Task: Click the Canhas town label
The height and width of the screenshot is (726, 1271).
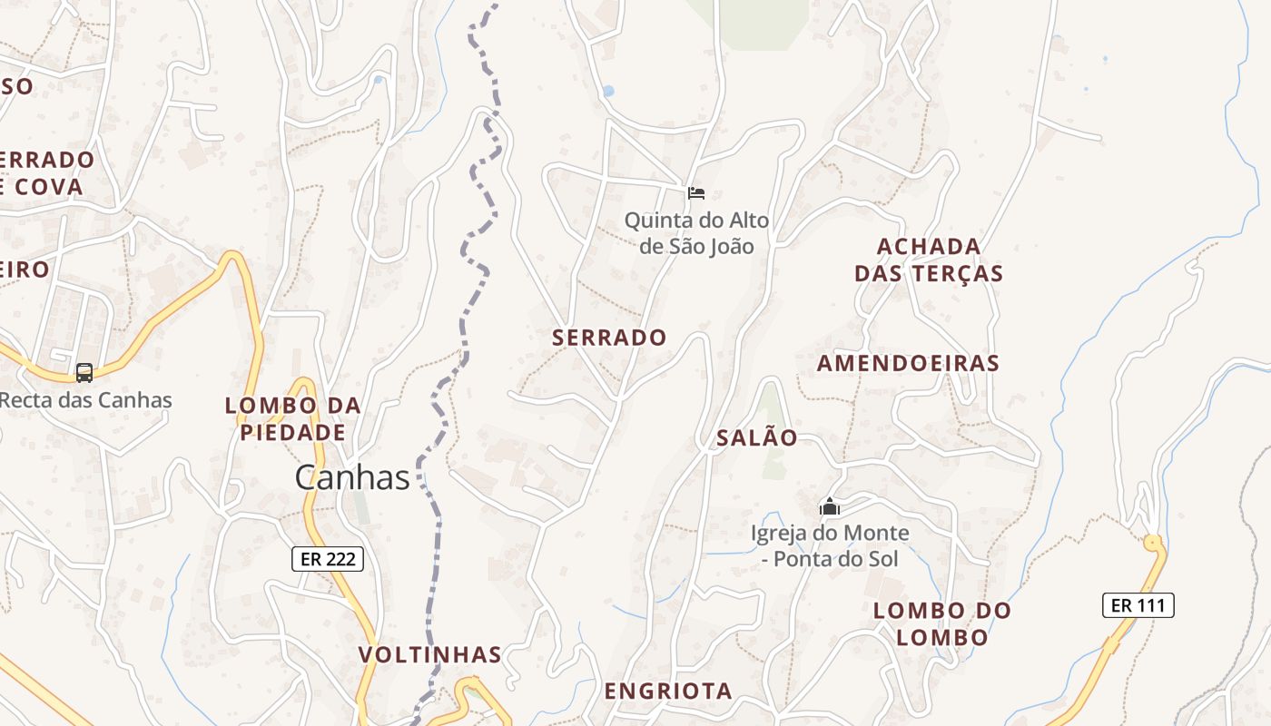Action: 352,477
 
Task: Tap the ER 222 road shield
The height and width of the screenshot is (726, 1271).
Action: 328,559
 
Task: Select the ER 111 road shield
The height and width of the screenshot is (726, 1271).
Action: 1138,605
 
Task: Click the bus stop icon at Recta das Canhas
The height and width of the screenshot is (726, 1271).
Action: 84,372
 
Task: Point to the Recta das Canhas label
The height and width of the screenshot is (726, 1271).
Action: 86,399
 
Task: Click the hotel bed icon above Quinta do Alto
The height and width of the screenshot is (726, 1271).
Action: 696,192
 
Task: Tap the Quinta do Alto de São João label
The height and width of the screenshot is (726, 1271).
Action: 696,233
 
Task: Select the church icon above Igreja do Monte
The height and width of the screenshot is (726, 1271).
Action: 829,506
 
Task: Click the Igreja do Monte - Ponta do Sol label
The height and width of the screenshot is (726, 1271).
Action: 830,546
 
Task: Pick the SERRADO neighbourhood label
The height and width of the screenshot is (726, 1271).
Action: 609,338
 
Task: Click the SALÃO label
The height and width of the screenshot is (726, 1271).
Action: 757,438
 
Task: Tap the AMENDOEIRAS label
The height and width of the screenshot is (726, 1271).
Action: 908,364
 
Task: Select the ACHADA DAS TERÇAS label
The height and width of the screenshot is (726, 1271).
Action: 929,260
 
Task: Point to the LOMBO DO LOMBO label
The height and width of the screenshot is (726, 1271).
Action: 941,623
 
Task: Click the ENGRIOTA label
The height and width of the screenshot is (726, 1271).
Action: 668,692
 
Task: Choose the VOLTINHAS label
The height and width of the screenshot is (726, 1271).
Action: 429,655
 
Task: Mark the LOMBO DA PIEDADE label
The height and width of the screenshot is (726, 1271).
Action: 292,419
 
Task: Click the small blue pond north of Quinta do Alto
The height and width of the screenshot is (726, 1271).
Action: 608,91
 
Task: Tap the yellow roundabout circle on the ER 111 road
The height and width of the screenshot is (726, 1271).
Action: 1153,544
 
